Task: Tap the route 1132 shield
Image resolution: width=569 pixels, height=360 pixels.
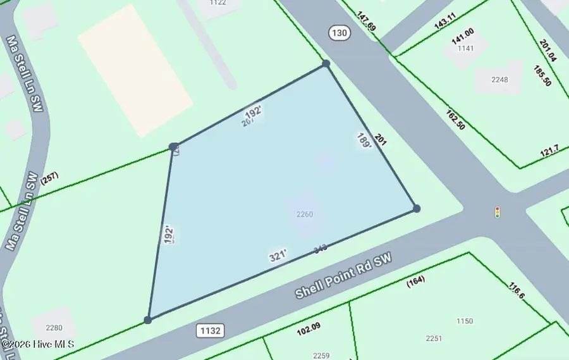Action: tap(211, 330)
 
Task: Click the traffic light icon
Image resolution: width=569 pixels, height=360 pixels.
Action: tap(498, 212)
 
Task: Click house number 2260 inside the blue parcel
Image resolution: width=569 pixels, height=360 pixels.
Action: tap(305, 214)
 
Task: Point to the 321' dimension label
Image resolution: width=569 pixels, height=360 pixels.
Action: tap(278, 255)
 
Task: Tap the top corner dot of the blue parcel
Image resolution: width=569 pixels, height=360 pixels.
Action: tap(326, 63)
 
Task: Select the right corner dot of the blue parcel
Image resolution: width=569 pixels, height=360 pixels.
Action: tap(416, 208)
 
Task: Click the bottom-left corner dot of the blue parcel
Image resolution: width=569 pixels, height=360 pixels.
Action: tap(148, 320)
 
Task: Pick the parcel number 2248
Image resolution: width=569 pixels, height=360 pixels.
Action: tap(499, 79)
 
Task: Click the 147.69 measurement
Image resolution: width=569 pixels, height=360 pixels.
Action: tap(366, 24)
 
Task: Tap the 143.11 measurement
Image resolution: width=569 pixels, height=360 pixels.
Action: tap(444, 23)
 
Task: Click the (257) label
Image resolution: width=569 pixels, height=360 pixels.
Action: tap(49, 180)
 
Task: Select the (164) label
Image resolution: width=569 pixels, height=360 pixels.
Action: tap(416, 280)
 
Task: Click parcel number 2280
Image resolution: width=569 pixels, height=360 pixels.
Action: tap(54, 327)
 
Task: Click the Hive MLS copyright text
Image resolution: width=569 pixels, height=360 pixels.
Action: tap(38, 345)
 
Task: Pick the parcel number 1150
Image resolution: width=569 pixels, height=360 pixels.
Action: tap(464, 321)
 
